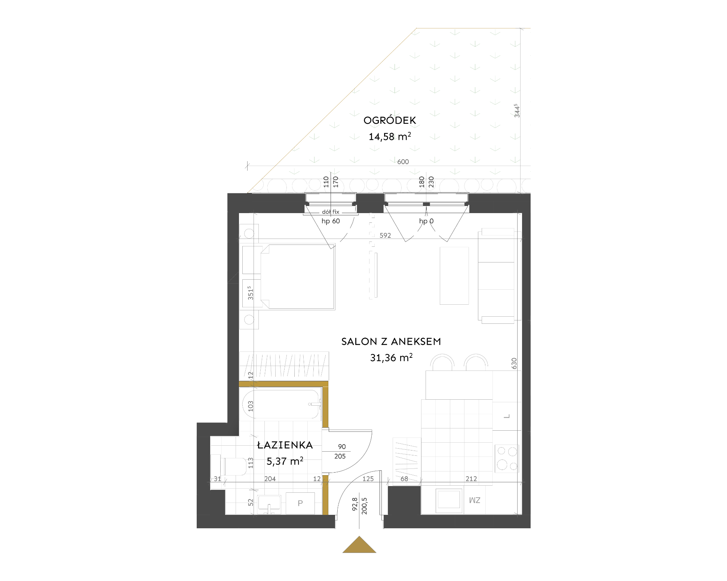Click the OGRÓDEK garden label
coord(390,120)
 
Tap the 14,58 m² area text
coord(390,136)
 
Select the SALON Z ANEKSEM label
coord(391,341)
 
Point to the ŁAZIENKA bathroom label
coord(285,445)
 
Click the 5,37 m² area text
coord(285,461)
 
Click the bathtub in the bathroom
coord(282,404)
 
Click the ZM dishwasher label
coord(475,500)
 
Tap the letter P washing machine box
coord(300,503)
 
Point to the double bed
coord(297,277)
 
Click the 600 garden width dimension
coord(403,162)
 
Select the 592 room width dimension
coord(385,235)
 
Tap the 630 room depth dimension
coord(514,363)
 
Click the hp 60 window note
coord(331,221)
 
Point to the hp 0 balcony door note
coord(426,221)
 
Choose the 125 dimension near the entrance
coord(368,479)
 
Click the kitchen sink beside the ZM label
coord(449,499)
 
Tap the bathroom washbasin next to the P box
coord(269,505)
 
